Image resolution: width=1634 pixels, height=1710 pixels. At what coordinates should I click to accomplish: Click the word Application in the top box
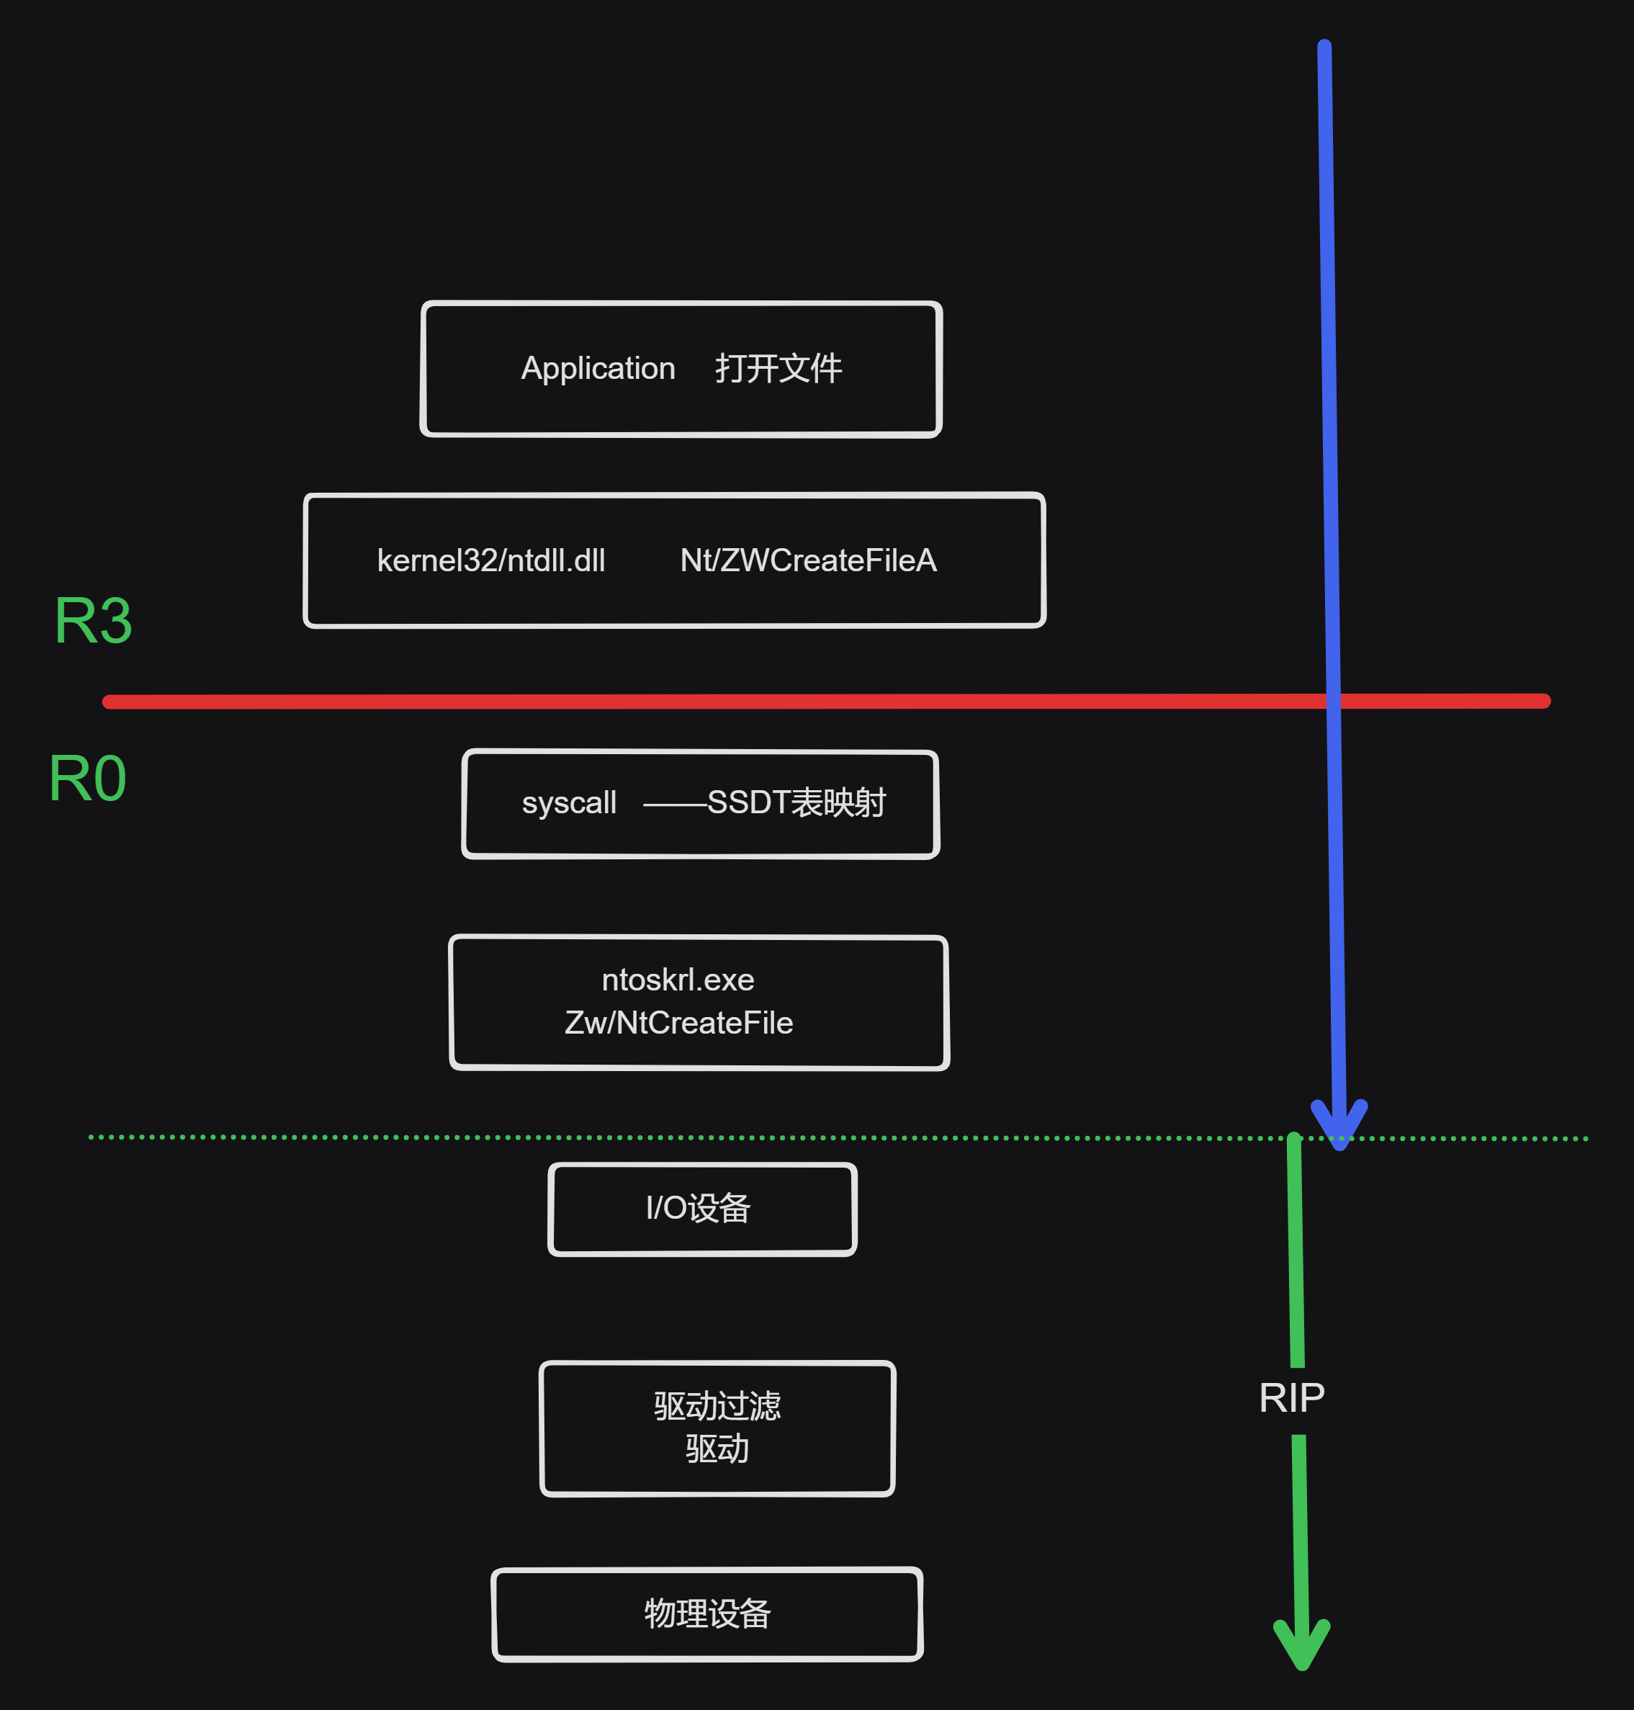pyautogui.click(x=598, y=369)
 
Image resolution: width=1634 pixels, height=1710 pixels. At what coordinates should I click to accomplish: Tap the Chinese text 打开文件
pyautogui.click(x=778, y=369)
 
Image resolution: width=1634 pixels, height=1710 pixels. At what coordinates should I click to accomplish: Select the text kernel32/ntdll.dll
pyautogui.click(x=490, y=560)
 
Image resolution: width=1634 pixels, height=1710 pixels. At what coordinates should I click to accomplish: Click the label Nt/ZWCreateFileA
pyautogui.click(x=807, y=560)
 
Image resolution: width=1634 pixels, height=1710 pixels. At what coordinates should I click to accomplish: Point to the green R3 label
pyautogui.click(x=93, y=621)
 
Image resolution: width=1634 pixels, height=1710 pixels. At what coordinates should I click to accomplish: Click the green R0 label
pyautogui.click(x=88, y=779)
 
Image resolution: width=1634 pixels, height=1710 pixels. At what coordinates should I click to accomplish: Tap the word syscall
pyautogui.click(x=569, y=802)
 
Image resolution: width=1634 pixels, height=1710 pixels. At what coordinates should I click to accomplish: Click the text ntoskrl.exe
pyautogui.click(x=678, y=980)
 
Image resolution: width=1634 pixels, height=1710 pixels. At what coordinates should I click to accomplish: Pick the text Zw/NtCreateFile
pyautogui.click(x=678, y=1023)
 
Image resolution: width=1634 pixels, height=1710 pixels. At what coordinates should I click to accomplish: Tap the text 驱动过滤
pyautogui.click(x=717, y=1406)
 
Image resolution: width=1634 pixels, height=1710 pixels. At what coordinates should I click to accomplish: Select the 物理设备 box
pyautogui.click(x=706, y=1613)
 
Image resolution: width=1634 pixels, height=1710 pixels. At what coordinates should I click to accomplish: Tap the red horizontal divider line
pyautogui.click(x=697, y=702)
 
